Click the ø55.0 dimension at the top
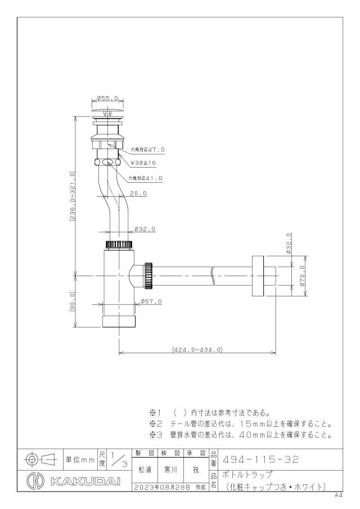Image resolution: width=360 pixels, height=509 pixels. (x=107, y=98)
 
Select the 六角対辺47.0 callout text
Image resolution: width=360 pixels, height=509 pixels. (x=148, y=150)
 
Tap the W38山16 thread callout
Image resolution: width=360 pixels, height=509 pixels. (x=143, y=163)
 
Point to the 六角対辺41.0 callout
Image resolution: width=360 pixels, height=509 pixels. (x=145, y=178)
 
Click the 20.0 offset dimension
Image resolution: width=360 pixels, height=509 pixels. (x=138, y=193)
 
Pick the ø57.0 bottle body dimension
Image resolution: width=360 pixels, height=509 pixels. (x=151, y=301)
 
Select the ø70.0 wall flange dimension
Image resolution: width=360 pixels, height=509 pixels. (x=302, y=276)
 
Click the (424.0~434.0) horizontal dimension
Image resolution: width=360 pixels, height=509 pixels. (x=197, y=350)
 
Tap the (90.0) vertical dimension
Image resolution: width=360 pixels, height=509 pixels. (x=72, y=301)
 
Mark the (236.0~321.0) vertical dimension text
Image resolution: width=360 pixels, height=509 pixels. (x=72, y=197)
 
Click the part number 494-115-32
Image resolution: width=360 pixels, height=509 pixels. (x=260, y=460)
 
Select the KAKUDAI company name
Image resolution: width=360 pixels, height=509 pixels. (x=85, y=481)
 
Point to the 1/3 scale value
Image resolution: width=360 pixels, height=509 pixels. (x=119, y=460)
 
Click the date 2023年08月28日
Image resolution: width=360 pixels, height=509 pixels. (x=163, y=487)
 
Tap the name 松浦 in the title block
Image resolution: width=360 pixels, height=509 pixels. (x=145, y=470)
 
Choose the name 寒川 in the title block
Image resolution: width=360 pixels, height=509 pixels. (x=170, y=470)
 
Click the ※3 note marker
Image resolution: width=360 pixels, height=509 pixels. (x=155, y=435)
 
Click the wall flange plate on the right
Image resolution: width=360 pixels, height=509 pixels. (x=258, y=276)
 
